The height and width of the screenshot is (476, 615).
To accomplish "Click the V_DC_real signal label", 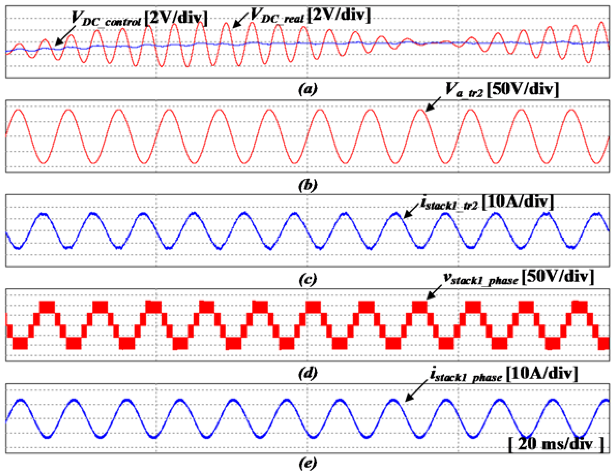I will pyautogui.click(x=277, y=16).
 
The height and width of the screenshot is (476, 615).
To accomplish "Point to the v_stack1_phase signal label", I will pyautogui.click(x=481, y=278).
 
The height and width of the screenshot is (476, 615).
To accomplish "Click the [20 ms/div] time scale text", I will pyautogui.click(x=556, y=444).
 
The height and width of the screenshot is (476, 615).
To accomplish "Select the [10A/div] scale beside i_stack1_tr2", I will pyautogui.click(x=518, y=202).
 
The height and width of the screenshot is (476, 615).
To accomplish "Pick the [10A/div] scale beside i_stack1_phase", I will pyautogui.click(x=542, y=374).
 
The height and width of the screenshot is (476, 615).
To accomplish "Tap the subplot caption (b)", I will pyautogui.click(x=307, y=185).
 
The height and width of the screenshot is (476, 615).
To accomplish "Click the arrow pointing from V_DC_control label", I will pyautogui.click(x=65, y=35).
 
